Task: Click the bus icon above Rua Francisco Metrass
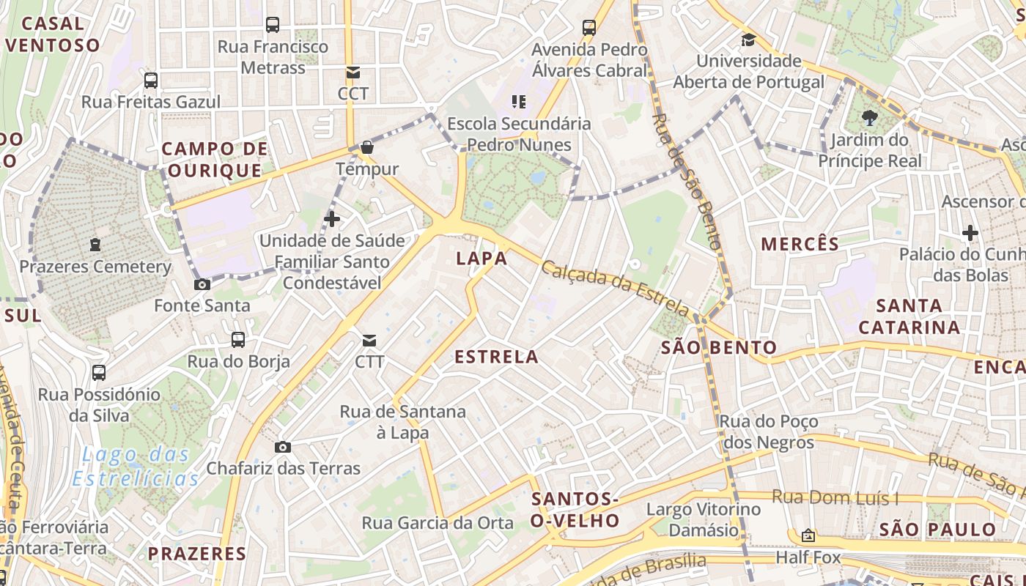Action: point(273,25)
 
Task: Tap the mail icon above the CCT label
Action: point(353,72)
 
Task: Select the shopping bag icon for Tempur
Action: point(367,148)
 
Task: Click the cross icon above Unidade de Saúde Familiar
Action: point(332,218)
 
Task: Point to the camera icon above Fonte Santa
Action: point(202,284)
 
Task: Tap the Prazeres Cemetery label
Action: point(95,267)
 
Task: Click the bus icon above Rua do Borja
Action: point(238,339)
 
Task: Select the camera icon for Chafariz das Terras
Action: point(283,447)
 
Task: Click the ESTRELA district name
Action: point(497,357)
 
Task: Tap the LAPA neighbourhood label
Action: point(481,258)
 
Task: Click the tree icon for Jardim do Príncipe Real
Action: point(870,118)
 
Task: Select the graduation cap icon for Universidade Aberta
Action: point(748,40)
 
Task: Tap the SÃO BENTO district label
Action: point(719,347)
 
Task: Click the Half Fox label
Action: point(808,557)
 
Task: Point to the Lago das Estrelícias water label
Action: point(136,467)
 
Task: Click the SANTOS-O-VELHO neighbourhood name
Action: point(575,510)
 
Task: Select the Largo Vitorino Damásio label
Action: point(704,519)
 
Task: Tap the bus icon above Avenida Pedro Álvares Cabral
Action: point(589,28)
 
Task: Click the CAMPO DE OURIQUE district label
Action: point(215,160)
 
